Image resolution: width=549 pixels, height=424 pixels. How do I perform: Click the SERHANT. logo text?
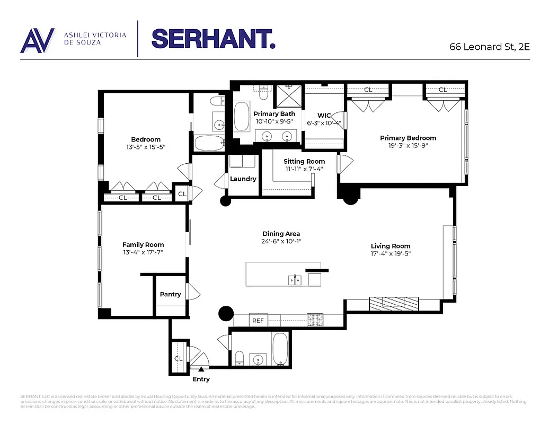[x=213, y=38]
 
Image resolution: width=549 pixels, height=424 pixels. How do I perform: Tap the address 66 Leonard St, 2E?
[x=489, y=46]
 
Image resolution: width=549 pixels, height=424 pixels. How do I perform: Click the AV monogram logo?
[x=37, y=40]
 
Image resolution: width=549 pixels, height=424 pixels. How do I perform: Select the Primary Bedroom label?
[x=408, y=138]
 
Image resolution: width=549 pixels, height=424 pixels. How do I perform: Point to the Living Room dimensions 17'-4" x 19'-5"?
[x=391, y=253]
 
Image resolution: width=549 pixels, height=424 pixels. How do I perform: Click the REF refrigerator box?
[x=258, y=321]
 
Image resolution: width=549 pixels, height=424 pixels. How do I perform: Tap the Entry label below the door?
[x=201, y=379]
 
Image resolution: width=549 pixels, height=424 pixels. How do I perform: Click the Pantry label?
[x=170, y=294]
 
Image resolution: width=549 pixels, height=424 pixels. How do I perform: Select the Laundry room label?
[x=243, y=179]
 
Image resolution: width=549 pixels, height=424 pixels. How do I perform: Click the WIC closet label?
[x=324, y=115]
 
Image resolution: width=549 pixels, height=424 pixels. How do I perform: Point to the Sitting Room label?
[x=304, y=161]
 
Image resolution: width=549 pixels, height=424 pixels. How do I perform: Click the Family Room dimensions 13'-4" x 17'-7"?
[x=143, y=252]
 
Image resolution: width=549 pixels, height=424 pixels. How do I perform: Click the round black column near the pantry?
[x=226, y=314]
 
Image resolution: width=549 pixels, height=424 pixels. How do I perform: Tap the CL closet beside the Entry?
[x=179, y=358]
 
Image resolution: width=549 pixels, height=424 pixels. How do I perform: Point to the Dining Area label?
[x=281, y=234]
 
